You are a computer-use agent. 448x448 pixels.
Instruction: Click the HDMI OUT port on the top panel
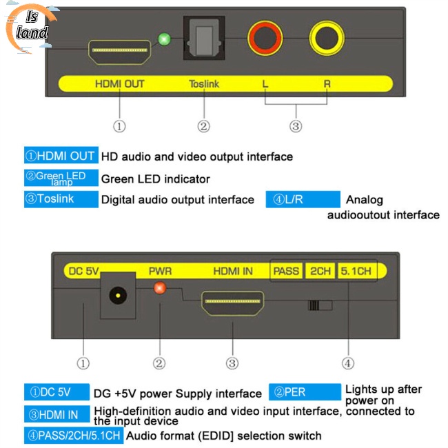click(x=119, y=52)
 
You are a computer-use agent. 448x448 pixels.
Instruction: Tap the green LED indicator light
click(x=164, y=39)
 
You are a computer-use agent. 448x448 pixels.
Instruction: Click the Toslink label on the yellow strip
click(x=204, y=84)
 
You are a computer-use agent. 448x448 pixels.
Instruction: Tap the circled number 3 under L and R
click(x=296, y=126)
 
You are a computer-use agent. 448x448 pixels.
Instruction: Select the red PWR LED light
click(x=160, y=287)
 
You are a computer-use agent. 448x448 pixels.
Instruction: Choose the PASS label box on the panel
click(x=286, y=271)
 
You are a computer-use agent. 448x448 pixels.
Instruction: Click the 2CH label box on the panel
click(x=320, y=271)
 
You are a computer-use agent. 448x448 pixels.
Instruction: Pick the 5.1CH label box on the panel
click(x=356, y=271)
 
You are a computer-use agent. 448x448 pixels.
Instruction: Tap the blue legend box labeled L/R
click(x=303, y=200)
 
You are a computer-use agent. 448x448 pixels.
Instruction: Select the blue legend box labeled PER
click(x=304, y=392)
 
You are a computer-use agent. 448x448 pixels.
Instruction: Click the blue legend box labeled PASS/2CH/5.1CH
click(x=74, y=436)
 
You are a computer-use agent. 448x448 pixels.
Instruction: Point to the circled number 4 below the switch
click(x=348, y=363)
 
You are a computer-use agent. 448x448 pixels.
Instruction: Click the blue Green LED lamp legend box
click(x=60, y=178)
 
